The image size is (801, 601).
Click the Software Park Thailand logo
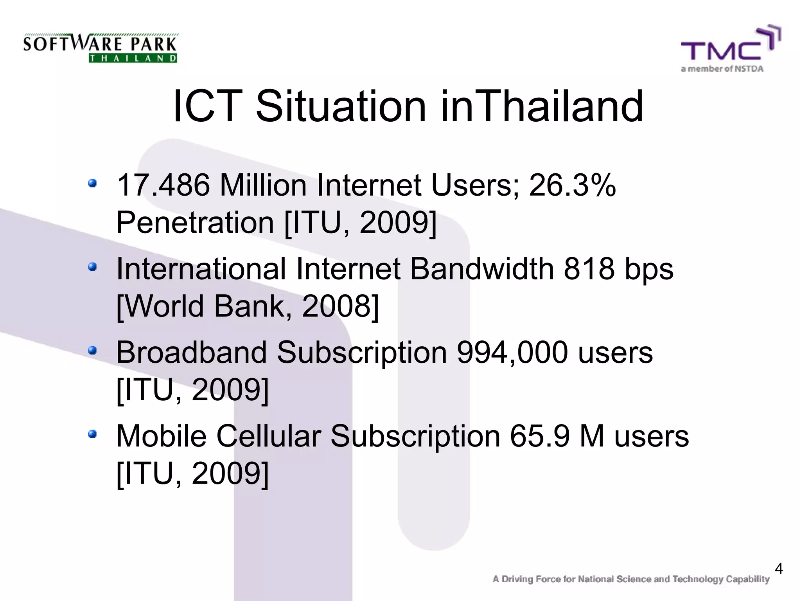click(100, 48)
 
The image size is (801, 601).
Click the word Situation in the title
click(340, 106)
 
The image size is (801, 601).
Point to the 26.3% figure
click(572, 185)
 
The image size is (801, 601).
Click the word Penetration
click(195, 223)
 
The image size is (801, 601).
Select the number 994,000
click(512, 352)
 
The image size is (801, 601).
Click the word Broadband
click(192, 352)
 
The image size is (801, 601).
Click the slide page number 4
click(779, 569)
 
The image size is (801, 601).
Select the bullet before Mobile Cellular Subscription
click(92, 434)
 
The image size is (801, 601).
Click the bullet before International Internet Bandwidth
click(92, 267)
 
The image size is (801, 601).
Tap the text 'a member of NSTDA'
click(722, 69)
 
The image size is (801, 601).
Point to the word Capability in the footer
click(747, 579)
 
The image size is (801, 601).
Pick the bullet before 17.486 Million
click(92, 183)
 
